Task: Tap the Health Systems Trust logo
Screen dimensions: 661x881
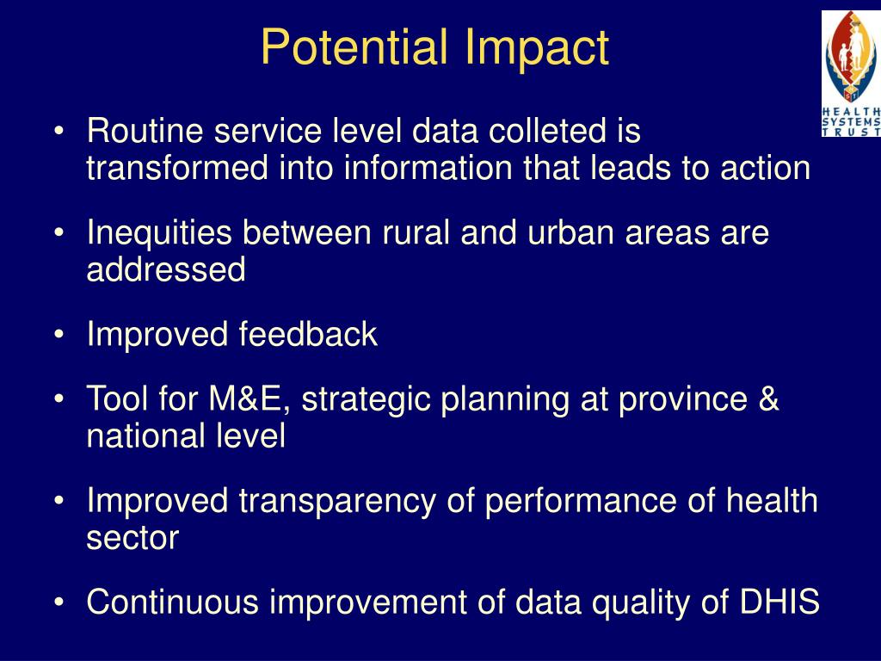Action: [x=851, y=73]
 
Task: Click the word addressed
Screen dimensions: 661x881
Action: [x=166, y=270]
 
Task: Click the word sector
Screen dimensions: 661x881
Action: [x=132, y=538]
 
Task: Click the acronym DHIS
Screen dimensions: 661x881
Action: [x=779, y=602]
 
